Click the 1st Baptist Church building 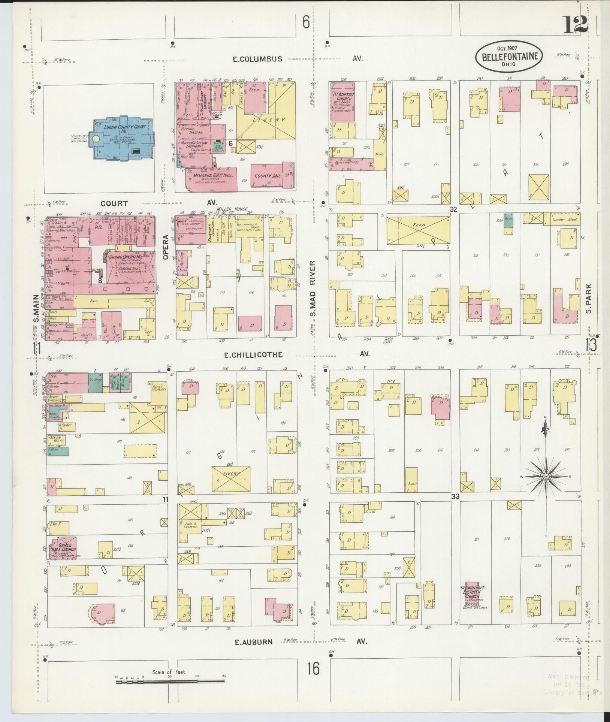click(x=342, y=101)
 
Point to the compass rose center click(x=546, y=476)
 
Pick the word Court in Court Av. click(x=114, y=203)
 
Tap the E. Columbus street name click(x=257, y=59)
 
